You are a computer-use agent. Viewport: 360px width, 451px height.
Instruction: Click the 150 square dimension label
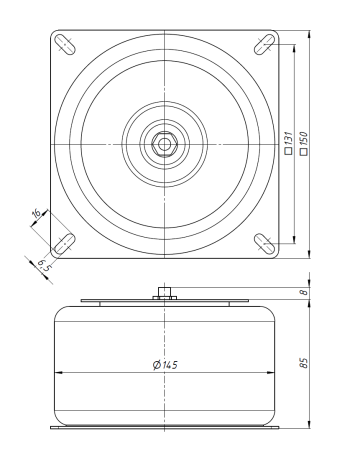303,144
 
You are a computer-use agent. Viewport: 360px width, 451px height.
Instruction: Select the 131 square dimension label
288,143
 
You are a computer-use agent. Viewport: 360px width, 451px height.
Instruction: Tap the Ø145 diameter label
165,365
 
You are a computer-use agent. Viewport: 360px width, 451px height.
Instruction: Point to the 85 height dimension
303,363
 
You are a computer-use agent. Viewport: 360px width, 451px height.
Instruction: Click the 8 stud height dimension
303,292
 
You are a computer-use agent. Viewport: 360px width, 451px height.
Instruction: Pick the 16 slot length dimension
36,213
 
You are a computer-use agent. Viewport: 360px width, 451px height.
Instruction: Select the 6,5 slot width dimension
43,266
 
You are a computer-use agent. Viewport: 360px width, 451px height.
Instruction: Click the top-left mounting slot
64,44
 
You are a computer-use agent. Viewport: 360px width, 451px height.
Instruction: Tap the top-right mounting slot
265,44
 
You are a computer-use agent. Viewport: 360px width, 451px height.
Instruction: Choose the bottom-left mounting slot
64,244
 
